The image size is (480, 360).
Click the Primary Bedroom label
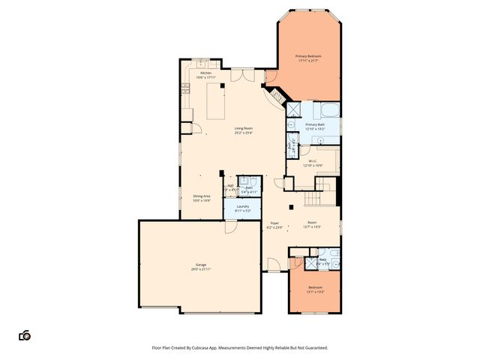coord(308,56)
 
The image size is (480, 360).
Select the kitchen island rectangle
coord(217,101)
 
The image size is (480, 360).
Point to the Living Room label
coord(243,128)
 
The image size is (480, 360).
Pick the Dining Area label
coord(201,196)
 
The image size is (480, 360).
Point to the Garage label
coord(201,265)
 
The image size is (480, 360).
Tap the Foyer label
coord(274,223)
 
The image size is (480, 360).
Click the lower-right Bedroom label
coord(316,287)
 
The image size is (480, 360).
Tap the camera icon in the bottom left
coord(25,335)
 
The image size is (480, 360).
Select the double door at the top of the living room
coord(241,74)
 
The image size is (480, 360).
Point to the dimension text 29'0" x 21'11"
coord(201,270)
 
